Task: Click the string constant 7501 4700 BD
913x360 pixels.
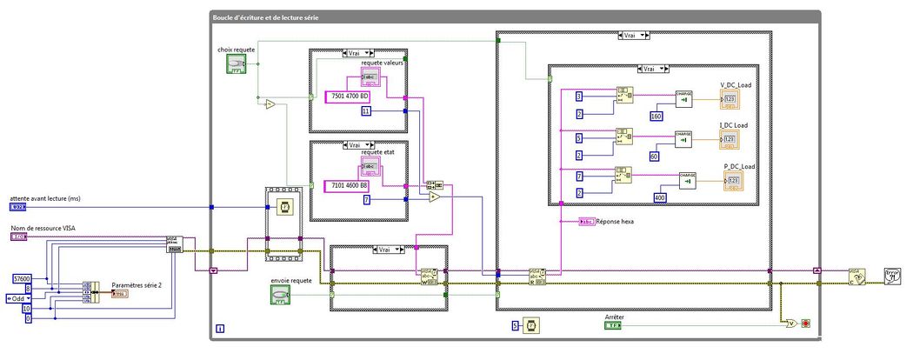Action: (x=348, y=96)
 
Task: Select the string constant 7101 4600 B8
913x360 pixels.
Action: (x=347, y=185)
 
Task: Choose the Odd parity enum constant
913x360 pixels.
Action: (x=18, y=298)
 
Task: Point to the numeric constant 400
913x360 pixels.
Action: (x=660, y=199)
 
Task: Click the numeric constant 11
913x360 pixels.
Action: (x=366, y=111)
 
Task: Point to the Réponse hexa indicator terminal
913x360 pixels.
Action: (x=587, y=222)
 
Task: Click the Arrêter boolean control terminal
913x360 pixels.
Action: (x=614, y=327)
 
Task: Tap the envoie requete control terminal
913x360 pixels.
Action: (x=280, y=296)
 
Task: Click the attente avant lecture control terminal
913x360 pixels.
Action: (x=18, y=207)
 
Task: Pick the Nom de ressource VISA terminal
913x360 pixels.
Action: (x=18, y=237)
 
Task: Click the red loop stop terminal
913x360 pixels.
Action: (x=806, y=324)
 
